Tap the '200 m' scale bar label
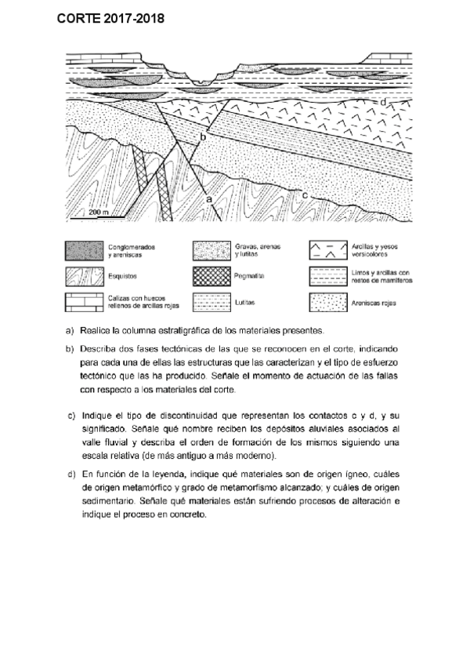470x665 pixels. pyautogui.click(x=99, y=213)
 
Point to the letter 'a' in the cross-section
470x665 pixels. pyautogui.click(x=208, y=200)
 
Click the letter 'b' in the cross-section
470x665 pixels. pyautogui.click(x=202, y=137)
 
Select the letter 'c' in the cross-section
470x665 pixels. pyautogui.click(x=303, y=192)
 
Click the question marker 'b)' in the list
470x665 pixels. pyautogui.click(x=70, y=349)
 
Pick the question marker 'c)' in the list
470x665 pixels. pyautogui.click(x=70, y=416)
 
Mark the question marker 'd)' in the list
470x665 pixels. pyautogui.click(x=70, y=474)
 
